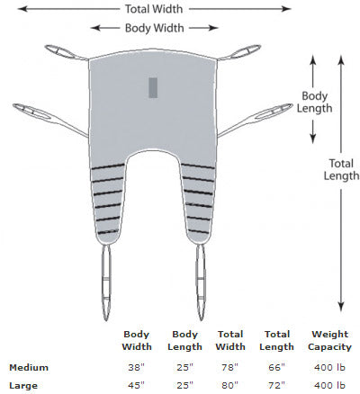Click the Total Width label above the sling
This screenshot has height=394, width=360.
[x=154, y=9]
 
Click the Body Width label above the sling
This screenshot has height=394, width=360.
[x=155, y=28]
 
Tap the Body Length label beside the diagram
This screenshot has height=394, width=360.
[x=314, y=102]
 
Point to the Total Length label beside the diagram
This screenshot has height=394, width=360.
[x=341, y=169]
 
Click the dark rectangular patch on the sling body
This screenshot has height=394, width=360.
[x=153, y=87]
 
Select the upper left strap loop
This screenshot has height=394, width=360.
[x=62, y=52]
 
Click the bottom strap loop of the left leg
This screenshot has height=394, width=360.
[x=106, y=282]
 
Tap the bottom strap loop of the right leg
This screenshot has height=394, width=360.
[x=201, y=282]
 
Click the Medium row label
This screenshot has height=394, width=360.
[x=29, y=367]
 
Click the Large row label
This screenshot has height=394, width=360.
[x=23, y=385]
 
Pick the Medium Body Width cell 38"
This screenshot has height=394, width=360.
[x=136, y=367]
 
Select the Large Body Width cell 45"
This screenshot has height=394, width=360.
[x=136, y=385]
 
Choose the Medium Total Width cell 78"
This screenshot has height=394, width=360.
[x=230, y=367]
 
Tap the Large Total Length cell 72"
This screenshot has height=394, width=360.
[x=276, y=385]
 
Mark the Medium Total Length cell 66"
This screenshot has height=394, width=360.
[x=276, y=367]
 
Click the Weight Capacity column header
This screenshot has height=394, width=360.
[x=329, y=340]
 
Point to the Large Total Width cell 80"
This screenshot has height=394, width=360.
[x=230, y=385]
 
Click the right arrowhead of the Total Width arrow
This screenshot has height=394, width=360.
[x=287, y=9]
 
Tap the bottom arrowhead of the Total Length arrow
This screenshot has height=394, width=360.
[x=341, y=307]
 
